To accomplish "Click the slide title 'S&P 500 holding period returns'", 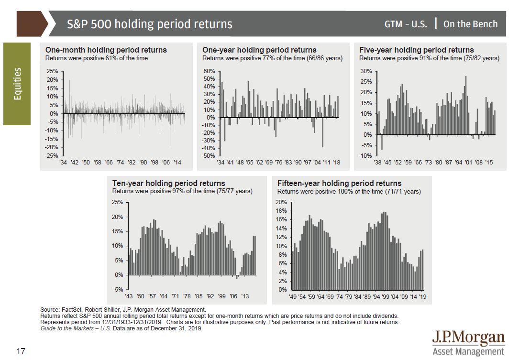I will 150,24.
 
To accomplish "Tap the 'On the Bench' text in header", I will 470,24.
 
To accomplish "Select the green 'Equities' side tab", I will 17,84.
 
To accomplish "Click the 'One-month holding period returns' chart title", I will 106,50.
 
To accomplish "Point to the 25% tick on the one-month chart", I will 52,71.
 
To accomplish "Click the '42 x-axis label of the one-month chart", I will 75,163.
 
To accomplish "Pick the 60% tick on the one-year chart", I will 209,71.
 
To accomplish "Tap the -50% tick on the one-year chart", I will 208,156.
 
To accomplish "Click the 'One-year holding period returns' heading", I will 259,50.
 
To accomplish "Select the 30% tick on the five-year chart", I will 366,71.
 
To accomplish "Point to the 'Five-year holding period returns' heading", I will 417,50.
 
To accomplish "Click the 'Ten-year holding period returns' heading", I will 168,183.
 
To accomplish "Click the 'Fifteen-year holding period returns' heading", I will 339,183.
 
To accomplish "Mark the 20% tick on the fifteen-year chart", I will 282,202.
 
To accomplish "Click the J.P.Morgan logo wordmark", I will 468,338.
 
